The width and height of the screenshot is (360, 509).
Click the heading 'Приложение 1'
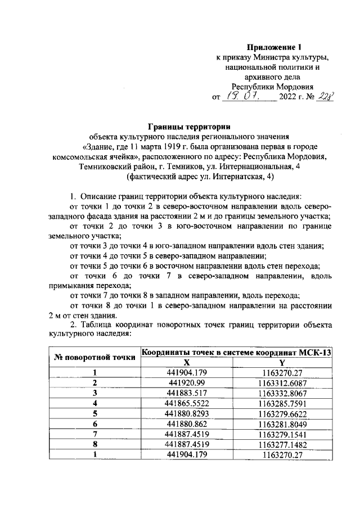tap(280, 48)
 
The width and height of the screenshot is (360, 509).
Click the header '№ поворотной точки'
tap(95, 357)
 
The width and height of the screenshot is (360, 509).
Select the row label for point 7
tap(95, 433)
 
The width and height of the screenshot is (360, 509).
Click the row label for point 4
tap(95, 403)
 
